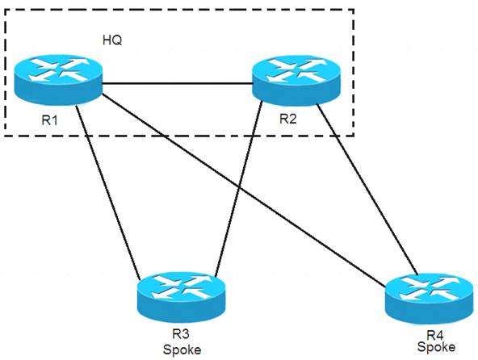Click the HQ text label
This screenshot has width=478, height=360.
coord(112,40)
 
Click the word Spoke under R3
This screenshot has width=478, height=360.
coord(182,350)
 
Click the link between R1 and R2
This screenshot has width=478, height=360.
coord(178,83)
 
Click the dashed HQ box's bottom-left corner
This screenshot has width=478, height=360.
coord(4,136)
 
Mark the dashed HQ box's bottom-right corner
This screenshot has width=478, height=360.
coord(354,136)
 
